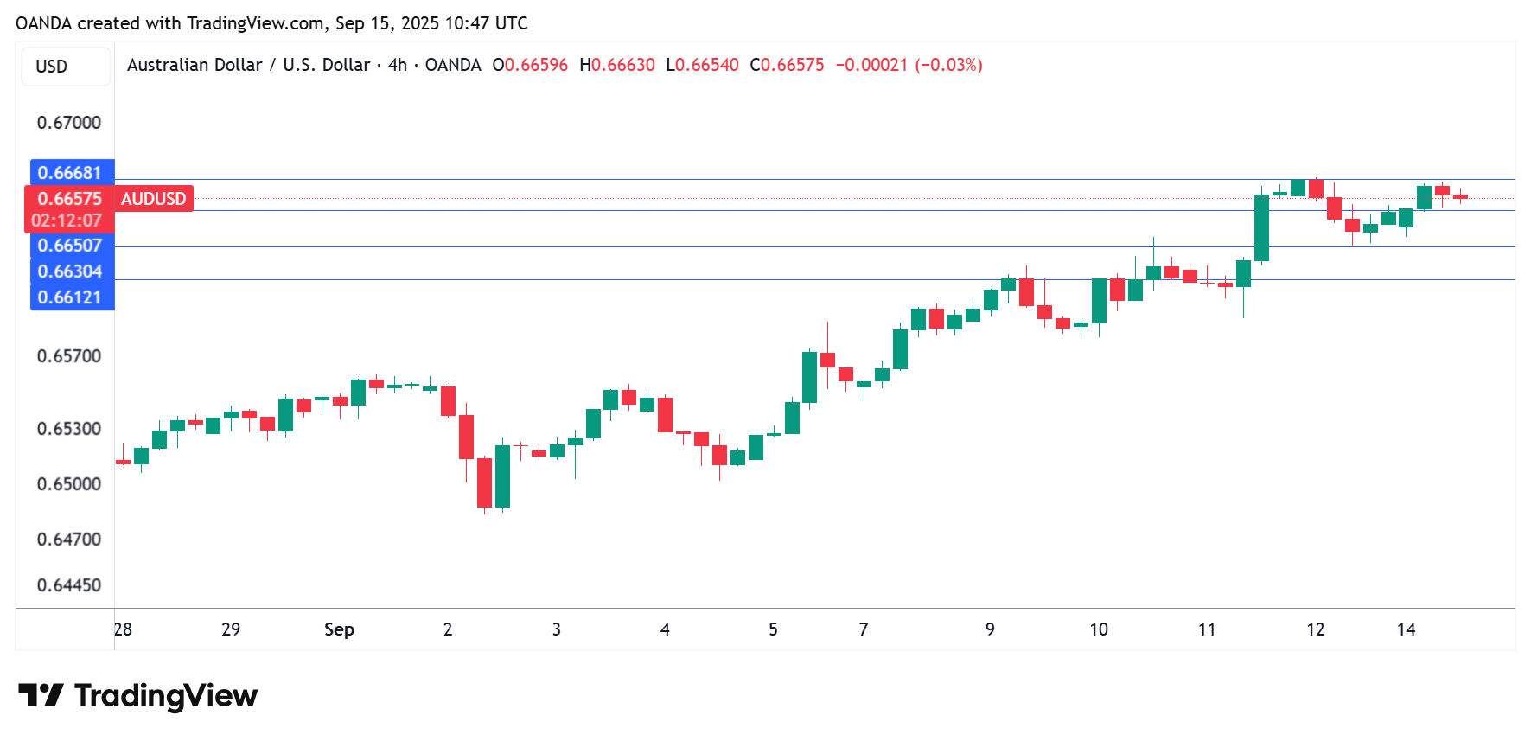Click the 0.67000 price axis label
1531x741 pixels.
pyautogui.click(x=69, y=123)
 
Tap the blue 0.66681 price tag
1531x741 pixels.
pyautogui.click(x=70, y=173)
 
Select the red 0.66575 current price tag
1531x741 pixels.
pyautogui.click(x=70, y=199)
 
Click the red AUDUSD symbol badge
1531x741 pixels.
pyautogui.click(x=154, y=199)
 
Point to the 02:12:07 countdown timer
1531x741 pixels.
pyautogui.click(x=67, y=220)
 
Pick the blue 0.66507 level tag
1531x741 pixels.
pyautogui.click(x=70, y=246)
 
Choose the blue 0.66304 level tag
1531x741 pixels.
pyautogui.click(x=70, y=271)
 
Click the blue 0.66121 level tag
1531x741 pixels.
pyautogui.click(x=70, y=297)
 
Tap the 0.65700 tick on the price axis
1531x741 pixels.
pyautogui.click(x=69, y=356)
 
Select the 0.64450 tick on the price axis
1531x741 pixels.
pyautogui.click(x=69, y=585)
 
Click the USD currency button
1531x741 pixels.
pyautogui.click(x=52, y=67)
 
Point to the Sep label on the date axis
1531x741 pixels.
pyautogui.click(x=339, y=629)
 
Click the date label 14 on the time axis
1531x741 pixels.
pyautogui.click(x=1407, y=629)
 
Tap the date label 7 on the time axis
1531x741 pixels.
pyautogui.click(x=864, y=629)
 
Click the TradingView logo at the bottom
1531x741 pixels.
pyautogui.click(x=138, y=696)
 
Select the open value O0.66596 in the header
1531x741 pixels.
pyautogui.click(x=530, y=65)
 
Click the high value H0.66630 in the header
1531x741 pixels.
pyautogui.click(x=617, y=65)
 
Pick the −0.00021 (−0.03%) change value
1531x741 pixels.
pyautogui.click(x=909, y=65)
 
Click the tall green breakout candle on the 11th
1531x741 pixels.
pyautogui.click(x=1261, y=227)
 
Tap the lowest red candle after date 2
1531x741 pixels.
pyautogui.click(x=484, y=482)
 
